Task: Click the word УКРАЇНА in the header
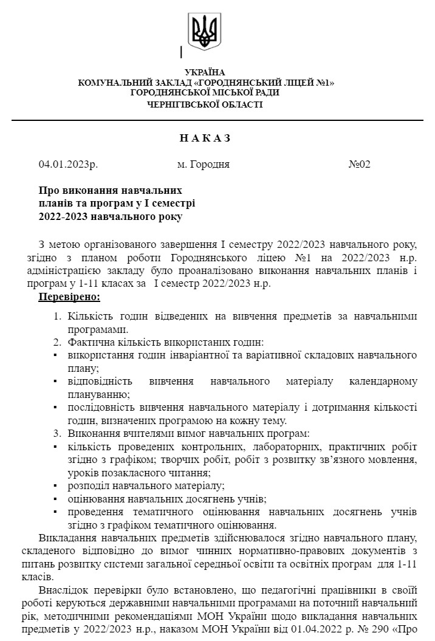pos(205,72)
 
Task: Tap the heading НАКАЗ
pos(205,138)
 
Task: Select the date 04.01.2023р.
pos(68,164)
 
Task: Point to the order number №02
pos(359,164)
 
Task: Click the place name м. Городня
pos(203,164)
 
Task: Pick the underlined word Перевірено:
pos(69,297)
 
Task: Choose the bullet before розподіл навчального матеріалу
pos(55,486)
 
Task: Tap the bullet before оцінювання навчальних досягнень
pos(55,499)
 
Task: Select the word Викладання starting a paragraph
pos(68,538)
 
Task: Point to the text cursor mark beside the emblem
pos(181,52)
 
